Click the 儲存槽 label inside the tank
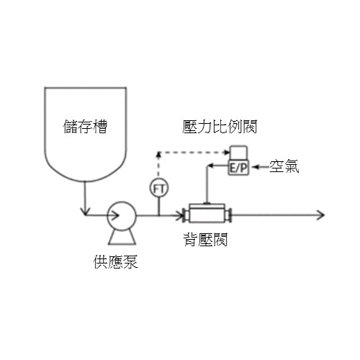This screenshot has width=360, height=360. click(x=85, y=127)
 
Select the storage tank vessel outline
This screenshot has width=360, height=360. click(x=45, y=135)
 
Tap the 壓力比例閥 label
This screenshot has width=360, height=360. click(x=220, y=127)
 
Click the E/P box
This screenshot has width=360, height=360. click(x=238, y=167)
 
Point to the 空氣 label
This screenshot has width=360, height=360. click(x=284, y=166)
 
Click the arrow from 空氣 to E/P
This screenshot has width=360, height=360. click(x=261, y=166)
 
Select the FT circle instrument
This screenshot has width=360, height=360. click(x=159, y=188)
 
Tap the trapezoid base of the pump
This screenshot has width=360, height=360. click(x=122, y=237)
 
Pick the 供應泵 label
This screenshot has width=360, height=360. click(x=116, y=261)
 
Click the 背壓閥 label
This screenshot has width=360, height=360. click(x=205, y=240)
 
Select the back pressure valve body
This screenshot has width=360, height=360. click(x=207, y=213)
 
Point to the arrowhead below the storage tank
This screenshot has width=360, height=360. click(x=84, y=212)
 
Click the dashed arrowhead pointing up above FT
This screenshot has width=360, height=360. click(x=158, y=155)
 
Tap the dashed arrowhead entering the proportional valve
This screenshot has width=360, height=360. click(x=226, y=152)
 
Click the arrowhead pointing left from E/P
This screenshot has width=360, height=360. click(x=210, y=166)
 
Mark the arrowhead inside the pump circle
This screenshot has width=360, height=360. click(x=115, y=215)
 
